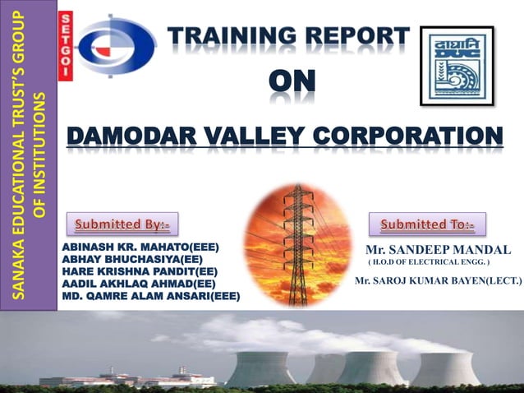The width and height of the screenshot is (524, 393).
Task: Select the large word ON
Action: point(292,83)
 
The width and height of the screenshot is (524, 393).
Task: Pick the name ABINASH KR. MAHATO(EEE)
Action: point(140,246)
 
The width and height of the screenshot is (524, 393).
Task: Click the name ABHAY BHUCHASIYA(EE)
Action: point(132,258)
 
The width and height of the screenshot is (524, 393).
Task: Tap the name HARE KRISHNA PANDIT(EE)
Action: point(140,270)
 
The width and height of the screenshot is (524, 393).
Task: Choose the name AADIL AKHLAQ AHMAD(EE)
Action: point(139,283)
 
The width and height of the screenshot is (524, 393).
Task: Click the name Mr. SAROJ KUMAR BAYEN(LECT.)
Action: point(438,281)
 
